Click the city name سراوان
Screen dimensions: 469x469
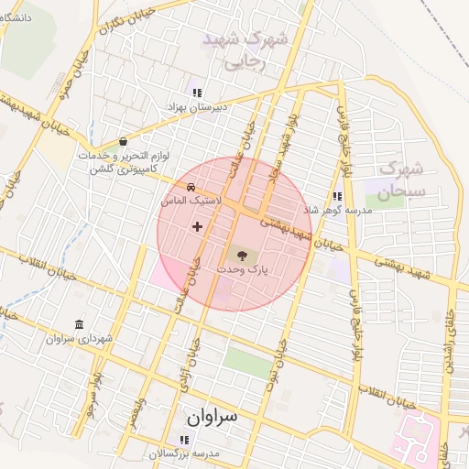point(212,417)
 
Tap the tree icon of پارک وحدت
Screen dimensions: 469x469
point(242,256)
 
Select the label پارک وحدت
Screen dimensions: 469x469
point(242,271)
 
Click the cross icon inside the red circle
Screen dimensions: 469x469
point(197,225)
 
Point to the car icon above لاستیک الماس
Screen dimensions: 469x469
point(190,188)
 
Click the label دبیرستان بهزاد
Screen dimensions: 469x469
point(195,107)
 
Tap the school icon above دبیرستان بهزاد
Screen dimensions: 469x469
point(197,93)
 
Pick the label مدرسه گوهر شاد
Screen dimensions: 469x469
point(337,210)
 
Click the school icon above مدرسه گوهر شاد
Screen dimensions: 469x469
point(337,196)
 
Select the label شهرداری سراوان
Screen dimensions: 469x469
point(81,339)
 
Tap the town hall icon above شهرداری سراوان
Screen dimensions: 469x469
point(80,325)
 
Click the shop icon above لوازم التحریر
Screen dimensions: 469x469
point(124,142)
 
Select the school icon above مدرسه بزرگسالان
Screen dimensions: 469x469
point(186,441)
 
